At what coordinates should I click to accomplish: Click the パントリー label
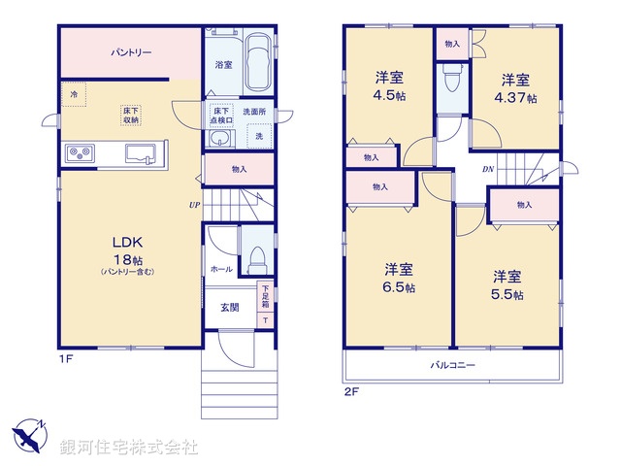(129, 52)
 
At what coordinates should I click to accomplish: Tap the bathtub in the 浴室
(257, 59)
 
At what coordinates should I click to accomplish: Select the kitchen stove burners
(80, 152)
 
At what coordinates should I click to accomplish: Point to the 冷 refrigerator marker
(74, 94)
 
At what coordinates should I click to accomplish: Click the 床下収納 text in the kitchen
(129, 114)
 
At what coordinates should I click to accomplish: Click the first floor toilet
(257, 258)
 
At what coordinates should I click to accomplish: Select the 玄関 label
(229, 308)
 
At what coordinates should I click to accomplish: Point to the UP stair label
(195, 205)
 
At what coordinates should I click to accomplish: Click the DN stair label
(490, 169)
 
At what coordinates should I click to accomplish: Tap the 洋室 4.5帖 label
(390, 87)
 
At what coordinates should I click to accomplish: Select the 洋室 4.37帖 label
(515, 87)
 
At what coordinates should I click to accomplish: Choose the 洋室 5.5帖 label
(506, 283)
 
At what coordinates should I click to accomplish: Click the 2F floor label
(350, 393)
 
